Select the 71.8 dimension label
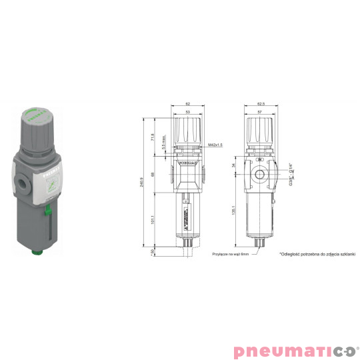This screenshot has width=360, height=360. (155, 137)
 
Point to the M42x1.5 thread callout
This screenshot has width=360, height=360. (215, 144)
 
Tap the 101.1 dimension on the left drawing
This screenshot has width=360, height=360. (155, 219)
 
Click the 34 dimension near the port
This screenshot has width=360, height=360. (233, 165)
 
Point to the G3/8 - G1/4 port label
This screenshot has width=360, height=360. (292, 176)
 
